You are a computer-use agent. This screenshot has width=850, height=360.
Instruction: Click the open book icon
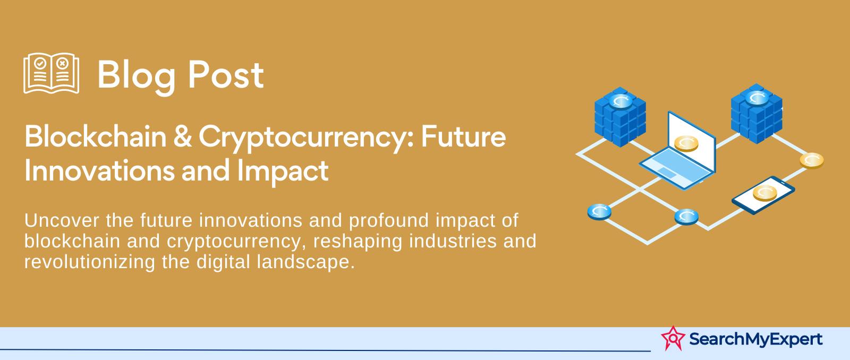tap(51, 73)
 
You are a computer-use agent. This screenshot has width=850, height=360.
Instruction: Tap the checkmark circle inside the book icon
tap(40, 63)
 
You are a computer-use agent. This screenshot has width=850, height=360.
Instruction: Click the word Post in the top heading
tap(226, 75)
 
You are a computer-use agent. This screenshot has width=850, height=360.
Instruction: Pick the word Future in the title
tap(463, 136)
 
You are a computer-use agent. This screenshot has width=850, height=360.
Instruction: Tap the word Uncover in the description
tap(62, 220)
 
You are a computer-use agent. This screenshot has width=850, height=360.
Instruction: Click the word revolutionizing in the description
tap(90, 262)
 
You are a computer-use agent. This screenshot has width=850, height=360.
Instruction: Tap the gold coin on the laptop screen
tap(686, 143)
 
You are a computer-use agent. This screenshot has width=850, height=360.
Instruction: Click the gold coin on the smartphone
tap(764, 193)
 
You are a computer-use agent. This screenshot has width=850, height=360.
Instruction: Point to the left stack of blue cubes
tap(620, 117)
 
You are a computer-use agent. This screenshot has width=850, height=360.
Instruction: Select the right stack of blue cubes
tap(756, 114)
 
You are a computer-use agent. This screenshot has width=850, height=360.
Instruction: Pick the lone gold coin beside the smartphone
tap(812, 160)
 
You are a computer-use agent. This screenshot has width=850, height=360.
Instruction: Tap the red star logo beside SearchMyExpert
tap(673, 338)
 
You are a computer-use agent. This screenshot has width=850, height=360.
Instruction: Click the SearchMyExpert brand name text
tap(756, 339)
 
